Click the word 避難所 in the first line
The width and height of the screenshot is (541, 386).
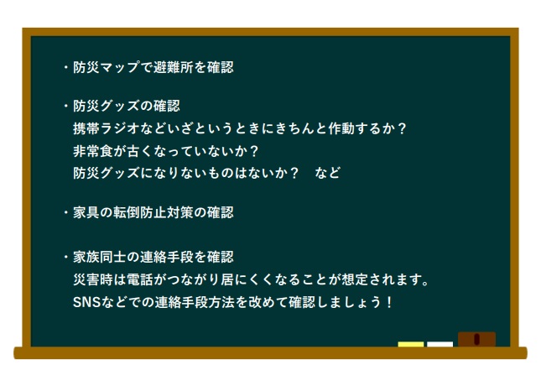[x=174, y=67]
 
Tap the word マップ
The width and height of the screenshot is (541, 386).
[x=121, y=67]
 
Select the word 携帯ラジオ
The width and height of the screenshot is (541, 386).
[x=107, y=128]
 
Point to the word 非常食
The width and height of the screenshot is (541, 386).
[x=93, y=151]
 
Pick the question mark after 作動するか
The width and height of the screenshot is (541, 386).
[x=402, y=128]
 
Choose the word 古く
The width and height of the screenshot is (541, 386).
[x=140, y=151]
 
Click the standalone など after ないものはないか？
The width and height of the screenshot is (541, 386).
[x=328, y=173]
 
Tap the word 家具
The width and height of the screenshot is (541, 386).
[x=86, y=212]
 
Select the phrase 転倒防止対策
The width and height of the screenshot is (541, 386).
[x=153, y=212]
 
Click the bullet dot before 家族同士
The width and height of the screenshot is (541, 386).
[x=66, y=258]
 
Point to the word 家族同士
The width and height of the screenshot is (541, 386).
[x=100, y=258]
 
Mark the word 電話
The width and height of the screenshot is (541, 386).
[x=140, y=279]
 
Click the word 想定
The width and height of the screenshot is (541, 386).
[x=354, y=279]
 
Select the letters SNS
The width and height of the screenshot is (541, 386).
[x=87, y=302]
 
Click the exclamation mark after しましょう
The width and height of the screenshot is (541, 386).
[x=389, y=302]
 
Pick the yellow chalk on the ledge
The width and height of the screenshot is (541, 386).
[x=411, y=344]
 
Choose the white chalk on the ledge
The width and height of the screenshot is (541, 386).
[x=440, y=344]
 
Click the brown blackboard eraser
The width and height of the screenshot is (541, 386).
[x=476, y=339]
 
